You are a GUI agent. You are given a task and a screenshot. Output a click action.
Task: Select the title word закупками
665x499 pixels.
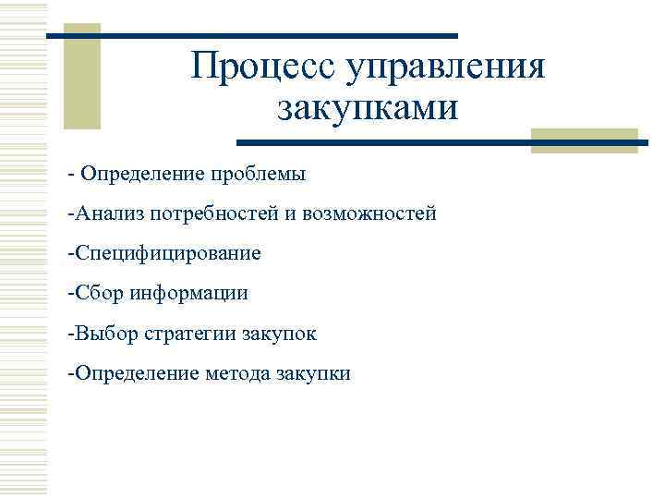point(367,108)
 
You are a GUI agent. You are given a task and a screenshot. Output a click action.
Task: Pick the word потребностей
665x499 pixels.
point(209,214)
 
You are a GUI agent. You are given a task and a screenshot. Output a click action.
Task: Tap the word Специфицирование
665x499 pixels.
point(167,253)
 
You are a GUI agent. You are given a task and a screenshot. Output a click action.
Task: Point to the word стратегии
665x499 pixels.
point(190,334)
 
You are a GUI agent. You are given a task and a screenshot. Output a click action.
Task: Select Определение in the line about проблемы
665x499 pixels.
point(140,174)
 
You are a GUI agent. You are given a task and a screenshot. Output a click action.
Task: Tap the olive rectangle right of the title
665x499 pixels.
point(584,140)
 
